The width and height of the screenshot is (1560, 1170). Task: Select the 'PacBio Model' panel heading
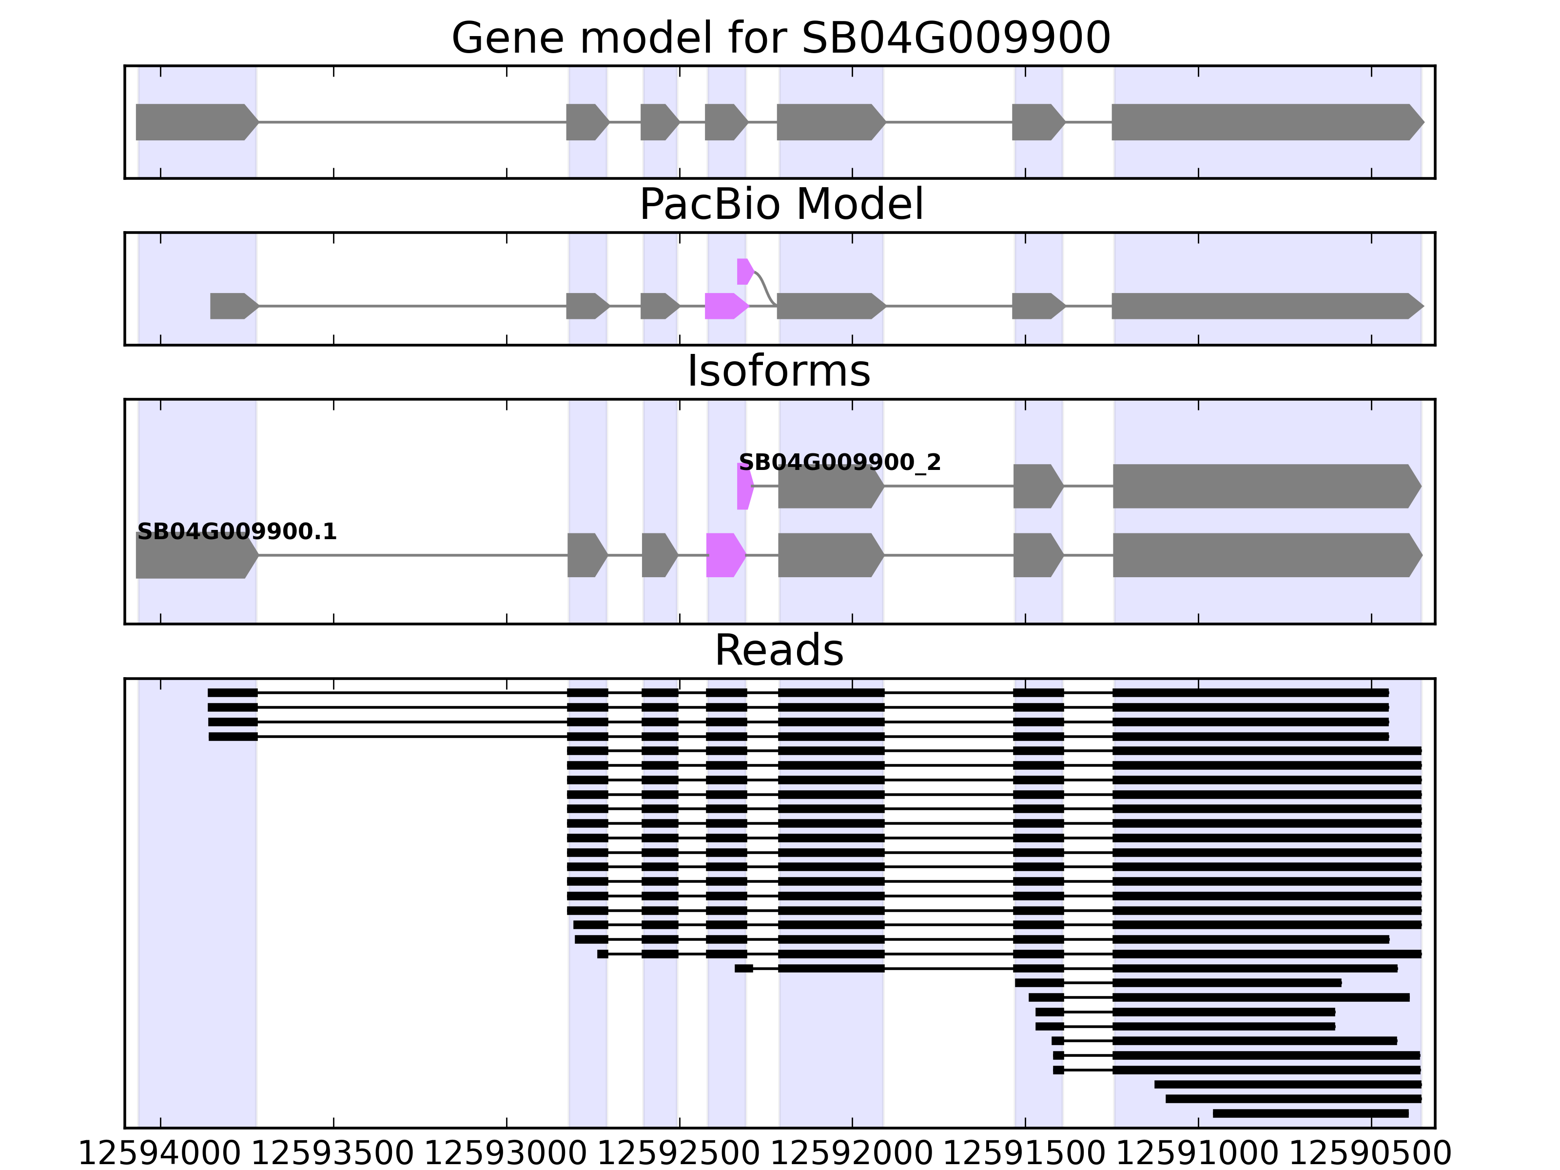(x=780, y=205)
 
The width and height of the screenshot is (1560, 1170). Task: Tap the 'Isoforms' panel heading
(x=779, y=371)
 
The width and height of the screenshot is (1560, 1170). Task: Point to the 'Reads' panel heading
(x=779, y=650)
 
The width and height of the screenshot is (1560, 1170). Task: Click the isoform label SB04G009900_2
(x=839, y=463)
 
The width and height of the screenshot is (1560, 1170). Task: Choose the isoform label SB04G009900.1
(x=237, y=532)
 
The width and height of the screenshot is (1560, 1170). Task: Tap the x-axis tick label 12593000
(x=506, y=1154)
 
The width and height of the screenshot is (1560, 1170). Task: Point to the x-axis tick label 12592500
(x=679, y=1154)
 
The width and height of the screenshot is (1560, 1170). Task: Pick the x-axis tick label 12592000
(x=852, y=1154)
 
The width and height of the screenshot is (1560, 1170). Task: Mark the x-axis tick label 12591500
(x=1025, y=1154)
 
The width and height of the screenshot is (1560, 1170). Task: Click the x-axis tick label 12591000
(x=1197, y=1154)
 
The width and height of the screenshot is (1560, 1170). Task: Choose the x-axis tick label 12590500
(x=1370, y=1154)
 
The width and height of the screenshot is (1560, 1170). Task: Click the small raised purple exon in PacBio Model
(x=744, y=272)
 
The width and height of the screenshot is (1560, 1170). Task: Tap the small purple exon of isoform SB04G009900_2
(x=744, y=486)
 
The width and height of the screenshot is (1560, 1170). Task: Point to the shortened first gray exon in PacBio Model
(x=233, y=306)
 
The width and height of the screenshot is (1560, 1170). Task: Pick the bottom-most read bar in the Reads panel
(x=1310, y=1113)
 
